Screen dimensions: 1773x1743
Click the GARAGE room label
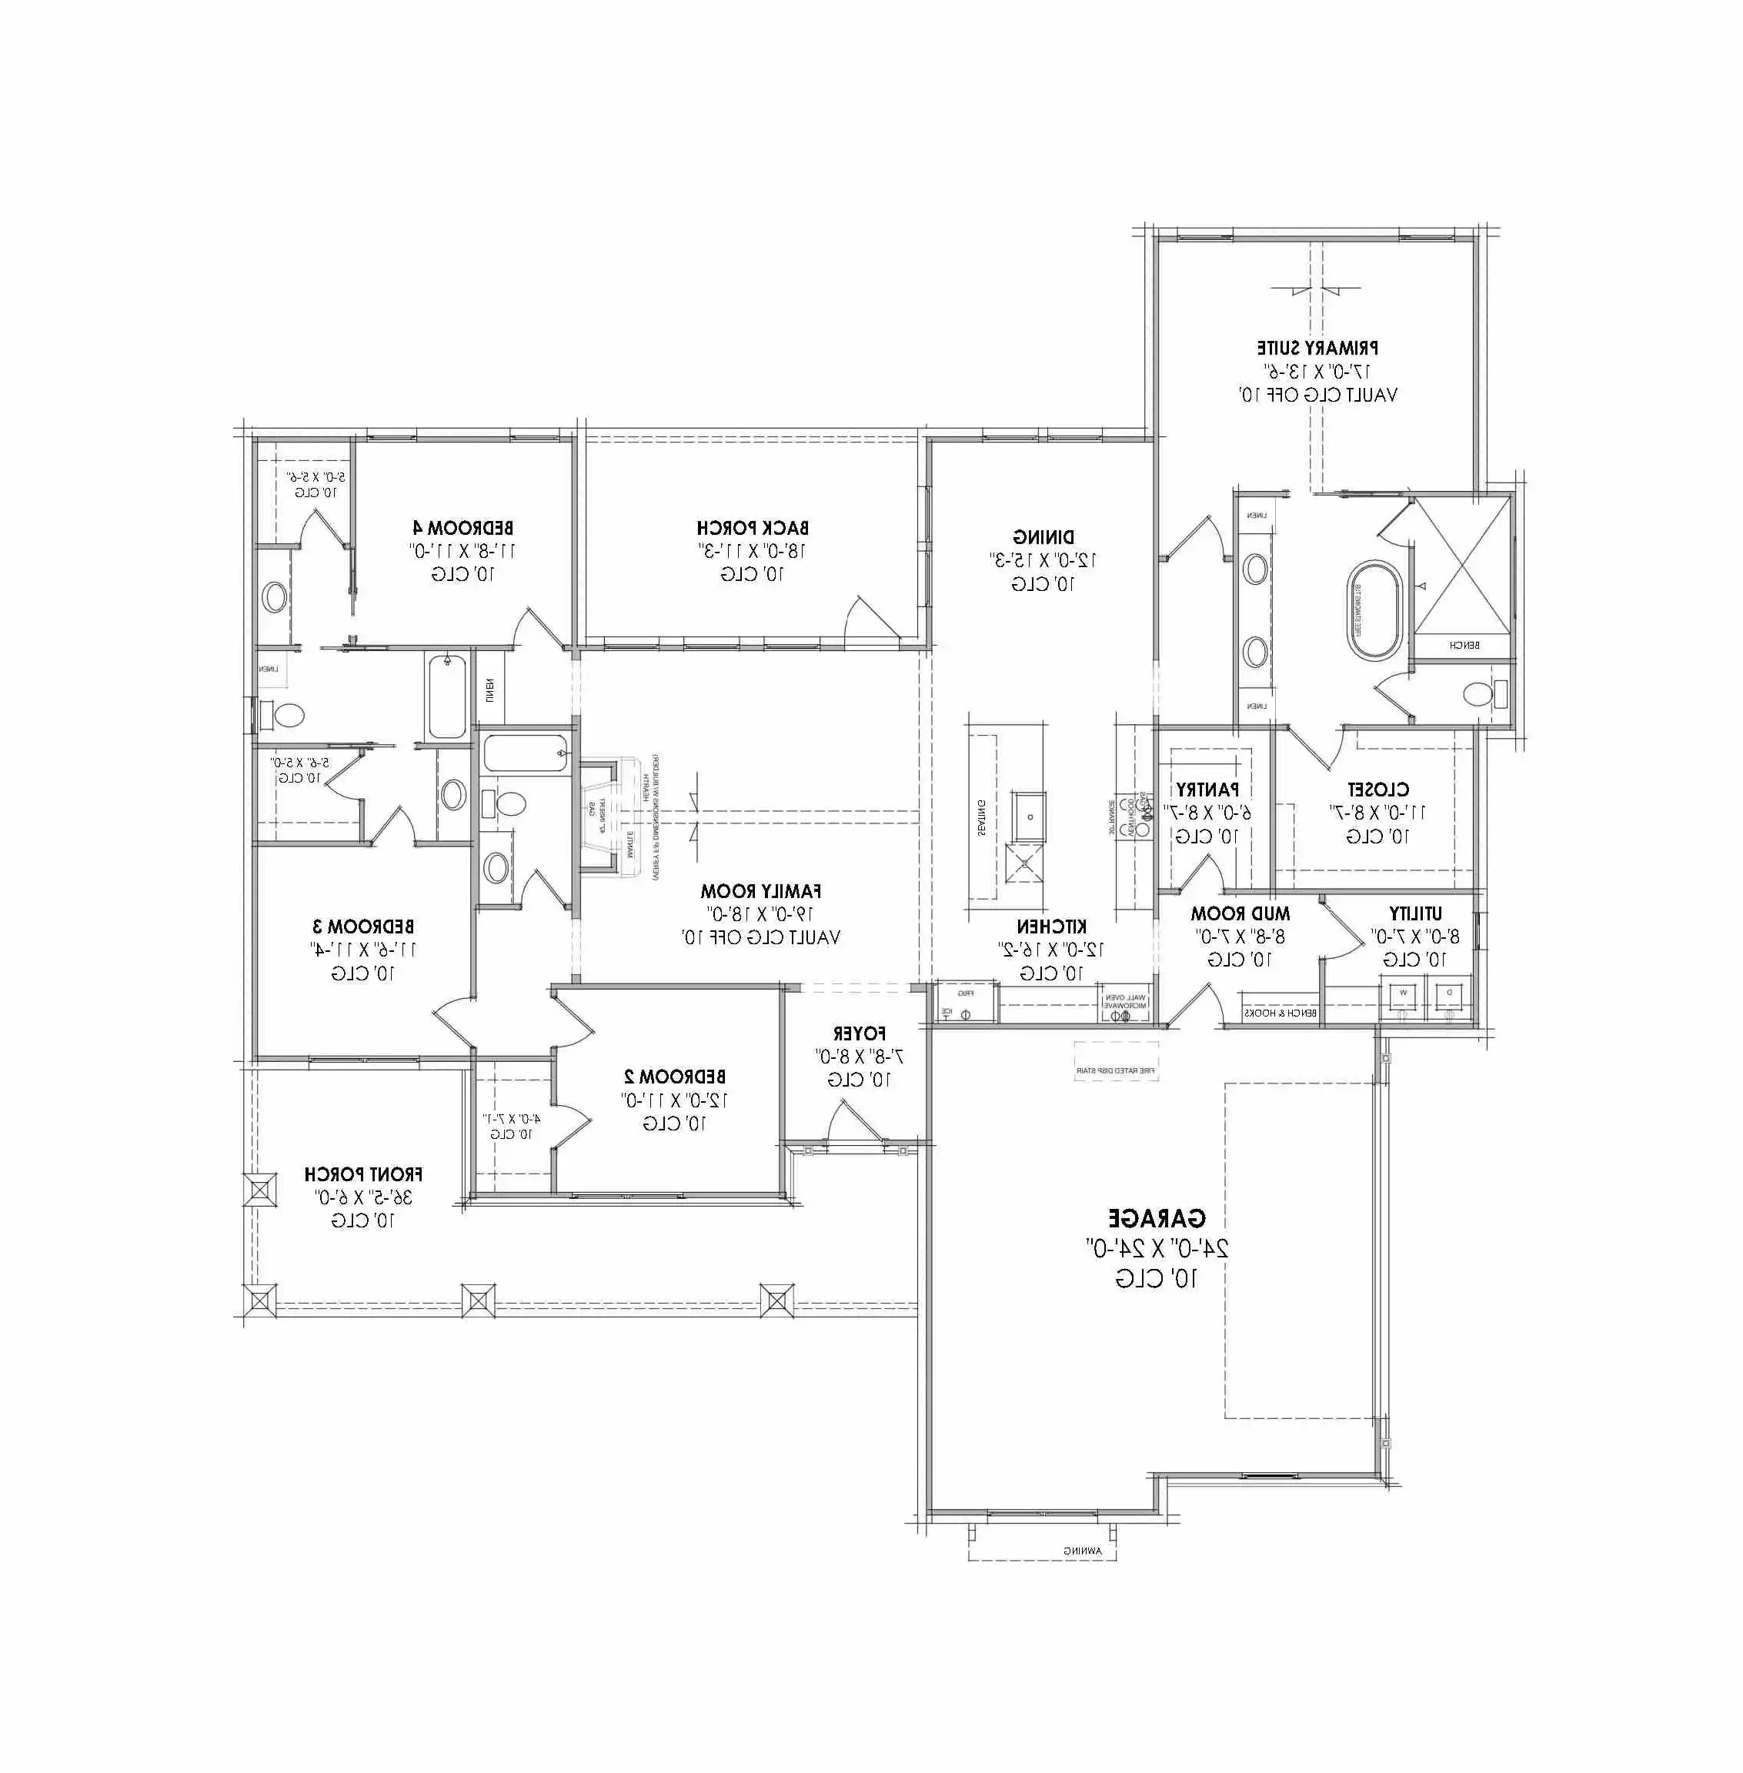[x=1157, y=1218]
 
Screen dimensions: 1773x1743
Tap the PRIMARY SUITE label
[x=1317, y=348]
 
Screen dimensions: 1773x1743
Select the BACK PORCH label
[x=753, y=528]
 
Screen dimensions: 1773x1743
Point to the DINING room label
[x=1043, y=536]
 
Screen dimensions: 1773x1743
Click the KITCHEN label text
[x=1052, y=927]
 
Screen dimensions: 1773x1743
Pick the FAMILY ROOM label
[x=761, y=890]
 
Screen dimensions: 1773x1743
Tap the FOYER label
[x=859, y=1033]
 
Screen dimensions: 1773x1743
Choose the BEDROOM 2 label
[x=675, y=1077]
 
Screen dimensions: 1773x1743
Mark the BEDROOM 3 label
[x=363, y=927]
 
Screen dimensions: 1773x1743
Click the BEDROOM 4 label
[x=463, y=528]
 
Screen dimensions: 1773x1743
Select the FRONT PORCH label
[x=363, y=1174]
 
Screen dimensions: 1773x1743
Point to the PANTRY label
[x=1207, y=789]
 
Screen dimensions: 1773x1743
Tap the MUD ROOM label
[x=1240, y=913]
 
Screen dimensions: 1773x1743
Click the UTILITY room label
[x=1415, y=913]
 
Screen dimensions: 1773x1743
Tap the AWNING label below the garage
[x=1083, y=1551]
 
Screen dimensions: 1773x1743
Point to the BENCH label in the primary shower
[x=1464, y=646]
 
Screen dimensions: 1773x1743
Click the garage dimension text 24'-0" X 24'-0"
[x=1157, y=1247]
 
